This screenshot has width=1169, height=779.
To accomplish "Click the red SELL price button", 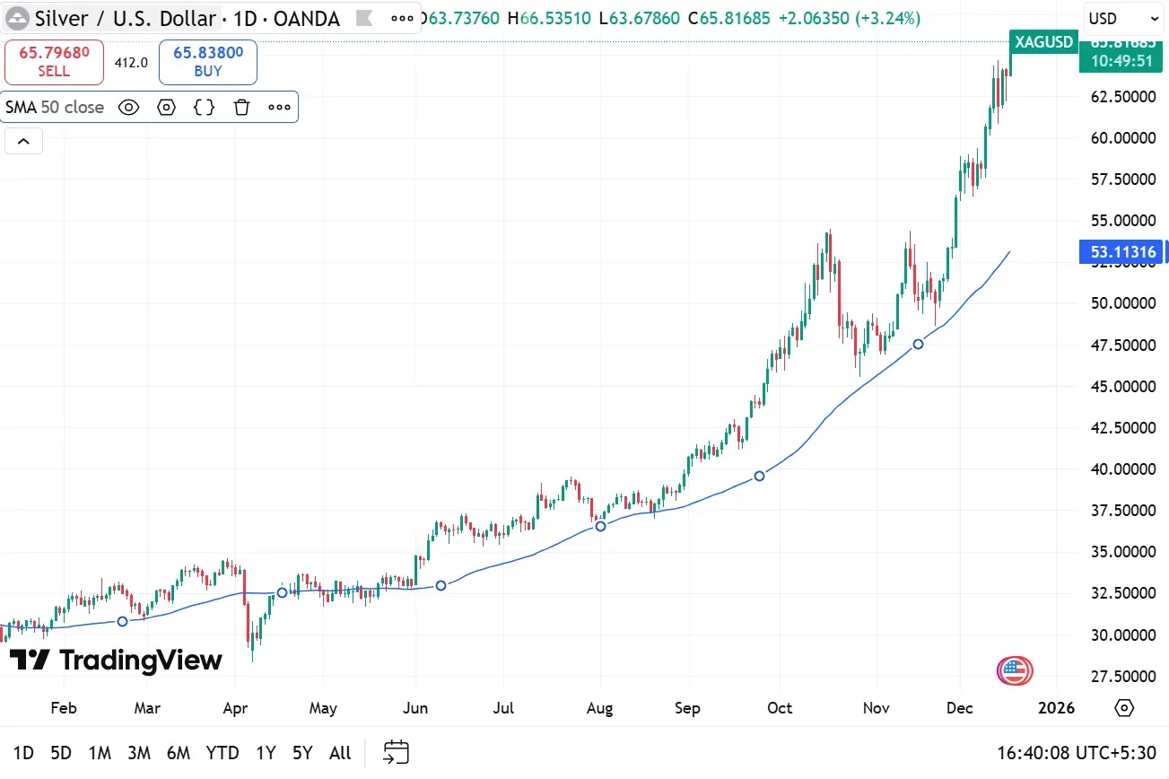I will pos(54,62).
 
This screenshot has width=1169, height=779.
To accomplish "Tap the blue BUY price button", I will pos(207,62).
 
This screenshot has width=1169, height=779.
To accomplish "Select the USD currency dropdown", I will pos(1123,18).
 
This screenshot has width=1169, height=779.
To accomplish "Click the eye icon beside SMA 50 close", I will pos(128,108).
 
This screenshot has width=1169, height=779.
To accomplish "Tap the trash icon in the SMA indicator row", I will pos(241,108).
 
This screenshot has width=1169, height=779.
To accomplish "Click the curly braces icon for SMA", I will pos(205,108).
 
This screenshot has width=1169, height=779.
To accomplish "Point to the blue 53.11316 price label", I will pos(1123,252).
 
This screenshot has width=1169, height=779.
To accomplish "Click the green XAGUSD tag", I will pos(1043,41).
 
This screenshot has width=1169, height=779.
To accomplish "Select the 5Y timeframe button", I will pos(302,753).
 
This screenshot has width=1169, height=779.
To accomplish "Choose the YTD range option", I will pos(222,753).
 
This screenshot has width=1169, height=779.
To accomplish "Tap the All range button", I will pos(340,753).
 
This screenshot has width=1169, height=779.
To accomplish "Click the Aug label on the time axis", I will pos(599,708).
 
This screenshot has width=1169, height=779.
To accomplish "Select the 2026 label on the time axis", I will pos(1055,708).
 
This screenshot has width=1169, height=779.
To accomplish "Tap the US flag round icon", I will pos(1015,670).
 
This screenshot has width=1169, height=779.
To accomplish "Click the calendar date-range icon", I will pos(396,752).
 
